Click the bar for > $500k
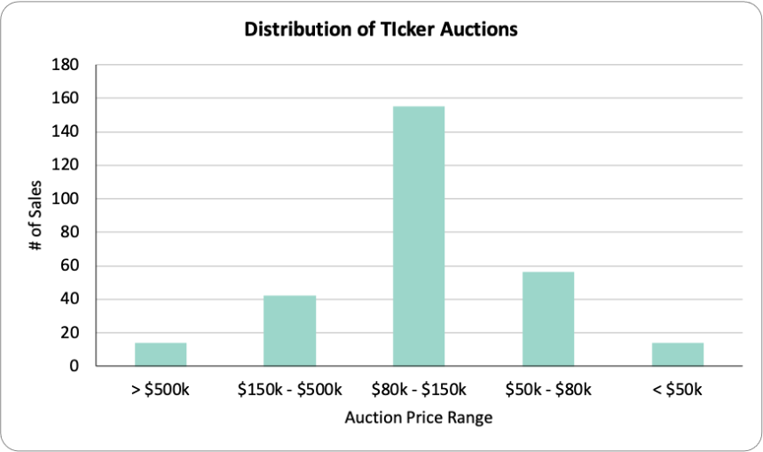(161, 354)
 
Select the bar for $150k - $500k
(289, 330)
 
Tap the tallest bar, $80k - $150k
(419, 235)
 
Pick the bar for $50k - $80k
(548, 319)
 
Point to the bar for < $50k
(678, 354)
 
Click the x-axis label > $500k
(161, 390)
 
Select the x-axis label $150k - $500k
(289, 390)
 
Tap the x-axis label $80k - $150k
(419, 390)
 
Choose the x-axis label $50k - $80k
(548, 390)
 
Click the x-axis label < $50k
(677, 390)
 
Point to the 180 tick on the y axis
(65, 64)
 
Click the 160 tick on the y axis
(65, 98)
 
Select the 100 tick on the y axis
(65, 199)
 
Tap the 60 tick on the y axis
(69, 266)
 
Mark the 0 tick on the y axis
(74, 366)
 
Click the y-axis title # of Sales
(35, 215)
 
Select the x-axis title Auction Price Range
(419, 418)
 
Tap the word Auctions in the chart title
(479, 29)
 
